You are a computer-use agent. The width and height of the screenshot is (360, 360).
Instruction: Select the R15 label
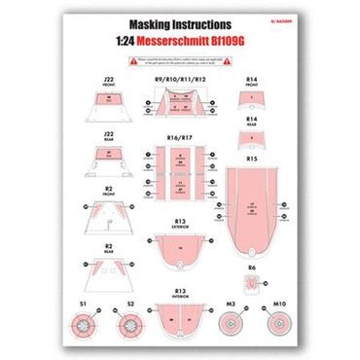pos(251,158)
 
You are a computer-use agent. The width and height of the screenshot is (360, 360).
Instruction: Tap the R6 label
pos(251,266)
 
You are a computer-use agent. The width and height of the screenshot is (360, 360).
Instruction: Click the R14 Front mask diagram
pos(251,100)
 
